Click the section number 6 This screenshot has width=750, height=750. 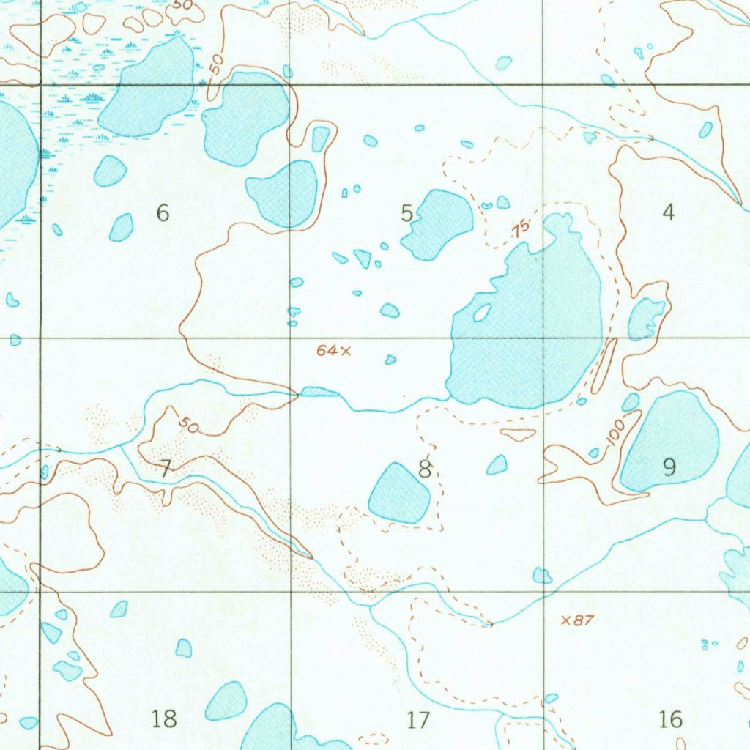(163, 213)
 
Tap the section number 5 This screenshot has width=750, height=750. (407, 213)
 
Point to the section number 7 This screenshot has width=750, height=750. (165, 469)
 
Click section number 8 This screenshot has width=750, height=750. (424, 469)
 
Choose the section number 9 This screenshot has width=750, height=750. (669, 467)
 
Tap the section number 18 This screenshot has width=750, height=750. (164, 719)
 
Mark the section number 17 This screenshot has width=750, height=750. (417, 720)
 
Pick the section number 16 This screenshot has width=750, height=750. (670, 719)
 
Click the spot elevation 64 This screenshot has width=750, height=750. (327, 351)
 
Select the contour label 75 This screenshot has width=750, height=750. (521, 229)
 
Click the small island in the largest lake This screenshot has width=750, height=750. (482, 313)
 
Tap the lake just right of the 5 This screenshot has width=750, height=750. (437, 223)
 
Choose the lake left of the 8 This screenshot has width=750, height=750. (398, 493)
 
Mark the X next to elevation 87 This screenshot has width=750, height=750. (565, 620)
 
